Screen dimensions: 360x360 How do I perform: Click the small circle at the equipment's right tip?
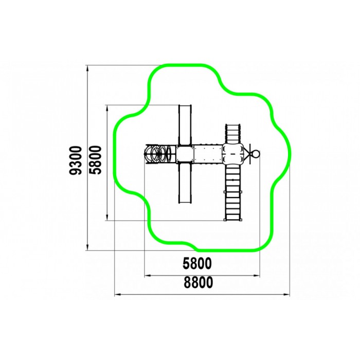click(x=254, y=153)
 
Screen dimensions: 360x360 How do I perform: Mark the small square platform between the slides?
click(x=184, y=154)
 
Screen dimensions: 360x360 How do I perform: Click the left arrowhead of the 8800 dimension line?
click(x=116, y=295)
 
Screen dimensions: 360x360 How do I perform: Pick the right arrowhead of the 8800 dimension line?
click(x=288, y=295)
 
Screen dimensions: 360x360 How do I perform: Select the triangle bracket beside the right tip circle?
click(x=248, y=153)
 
